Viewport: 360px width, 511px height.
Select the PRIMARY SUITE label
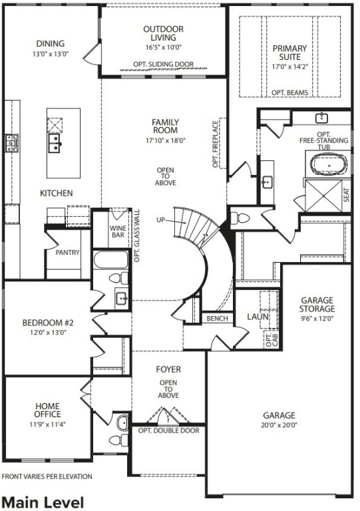pyautogui.click(x=289, y=53)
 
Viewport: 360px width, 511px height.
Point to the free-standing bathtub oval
pyautogui.click(x=327, y=163)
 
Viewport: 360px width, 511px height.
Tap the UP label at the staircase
pyautogui.click(x=160, y=219)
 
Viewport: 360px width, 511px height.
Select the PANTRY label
pyautogui.click(x=67, y=253)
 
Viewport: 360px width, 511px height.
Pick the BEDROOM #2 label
pyautogui.click(x=48, y=323)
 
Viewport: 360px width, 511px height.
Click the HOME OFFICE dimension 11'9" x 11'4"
pyautogui.click(x=47, y=423)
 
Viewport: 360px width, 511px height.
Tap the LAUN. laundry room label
pyautogui.click(x=257, y=317)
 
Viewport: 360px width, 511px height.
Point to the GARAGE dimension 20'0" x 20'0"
pyautogui.click(x=279, y=425)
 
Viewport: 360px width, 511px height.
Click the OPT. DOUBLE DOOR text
pyautogui.click(x=168, y=430)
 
